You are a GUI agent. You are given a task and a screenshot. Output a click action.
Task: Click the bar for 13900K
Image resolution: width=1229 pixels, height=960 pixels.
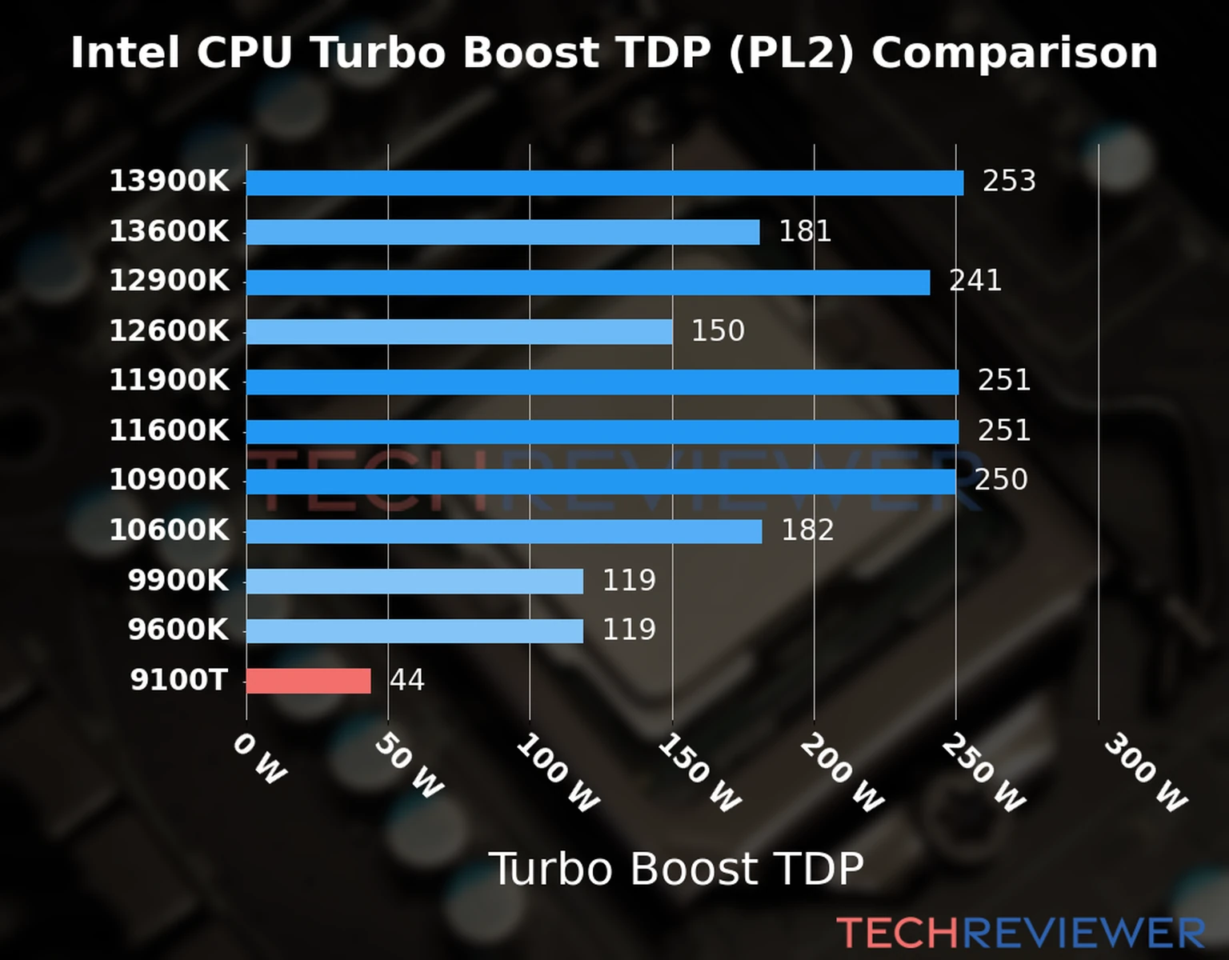604,182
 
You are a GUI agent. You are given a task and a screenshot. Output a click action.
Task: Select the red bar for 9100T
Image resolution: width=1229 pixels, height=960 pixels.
308,681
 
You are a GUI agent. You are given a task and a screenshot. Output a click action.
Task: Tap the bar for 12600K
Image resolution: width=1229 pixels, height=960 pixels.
458,331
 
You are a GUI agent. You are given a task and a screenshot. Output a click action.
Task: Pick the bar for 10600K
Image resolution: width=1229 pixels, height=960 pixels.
503,531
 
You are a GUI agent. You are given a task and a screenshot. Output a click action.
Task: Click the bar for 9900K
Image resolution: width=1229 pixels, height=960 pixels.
414,581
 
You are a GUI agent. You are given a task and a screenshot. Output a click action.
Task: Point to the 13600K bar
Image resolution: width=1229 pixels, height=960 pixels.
502,232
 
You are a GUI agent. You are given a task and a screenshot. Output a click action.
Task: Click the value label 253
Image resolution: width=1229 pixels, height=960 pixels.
1009,182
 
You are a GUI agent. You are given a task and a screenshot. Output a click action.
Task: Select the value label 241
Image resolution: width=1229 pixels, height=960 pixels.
975,281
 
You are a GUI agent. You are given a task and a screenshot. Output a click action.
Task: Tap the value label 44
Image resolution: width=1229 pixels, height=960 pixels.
406,680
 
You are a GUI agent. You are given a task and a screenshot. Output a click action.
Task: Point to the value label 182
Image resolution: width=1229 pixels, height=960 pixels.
807,530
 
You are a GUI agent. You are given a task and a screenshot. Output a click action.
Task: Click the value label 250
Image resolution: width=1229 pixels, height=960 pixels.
1001,480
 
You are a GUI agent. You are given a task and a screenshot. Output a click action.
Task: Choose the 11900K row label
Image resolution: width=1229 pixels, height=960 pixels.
169,381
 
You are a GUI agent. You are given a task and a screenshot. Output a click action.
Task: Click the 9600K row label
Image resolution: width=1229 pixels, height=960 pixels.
178,630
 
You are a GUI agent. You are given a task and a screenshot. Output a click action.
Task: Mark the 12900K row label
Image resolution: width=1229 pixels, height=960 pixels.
169,281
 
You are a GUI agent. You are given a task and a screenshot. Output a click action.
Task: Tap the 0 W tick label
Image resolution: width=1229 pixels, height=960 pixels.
259,759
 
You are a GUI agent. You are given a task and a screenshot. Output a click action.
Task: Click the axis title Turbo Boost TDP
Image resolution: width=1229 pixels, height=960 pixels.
676,869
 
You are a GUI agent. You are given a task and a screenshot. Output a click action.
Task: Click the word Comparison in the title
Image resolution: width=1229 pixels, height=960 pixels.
1015,53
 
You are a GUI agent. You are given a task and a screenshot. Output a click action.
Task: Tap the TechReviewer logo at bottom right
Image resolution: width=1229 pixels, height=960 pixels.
1020,933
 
